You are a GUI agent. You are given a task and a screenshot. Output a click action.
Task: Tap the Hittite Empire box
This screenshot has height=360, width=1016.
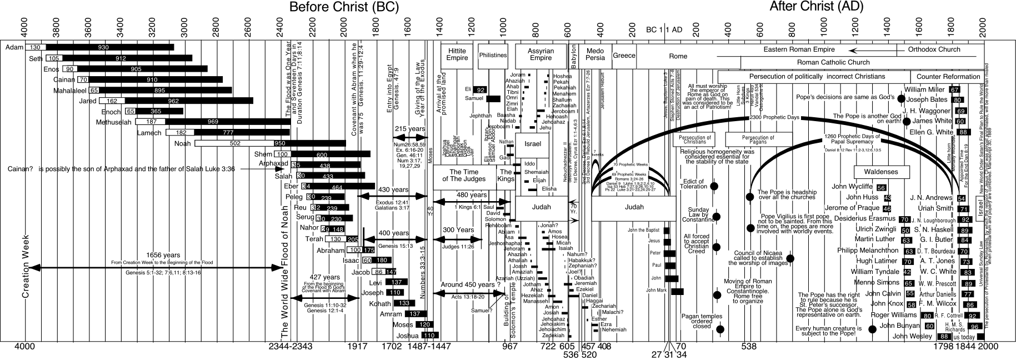(x=457, y=54)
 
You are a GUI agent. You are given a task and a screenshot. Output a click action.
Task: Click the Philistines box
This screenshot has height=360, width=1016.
(x=493, y=55)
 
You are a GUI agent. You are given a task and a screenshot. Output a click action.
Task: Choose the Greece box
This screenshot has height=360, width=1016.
(x=624, y=56)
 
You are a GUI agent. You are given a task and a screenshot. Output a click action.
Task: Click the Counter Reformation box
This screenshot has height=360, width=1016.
(x=948, y=77)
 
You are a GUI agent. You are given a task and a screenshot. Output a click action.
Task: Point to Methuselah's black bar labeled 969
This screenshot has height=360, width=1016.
(x=228, y=122)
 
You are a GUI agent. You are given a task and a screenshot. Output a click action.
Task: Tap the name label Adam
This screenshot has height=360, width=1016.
(x=14, y=48)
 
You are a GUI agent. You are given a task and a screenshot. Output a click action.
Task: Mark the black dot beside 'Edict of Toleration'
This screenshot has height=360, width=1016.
(x=715, y=186)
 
